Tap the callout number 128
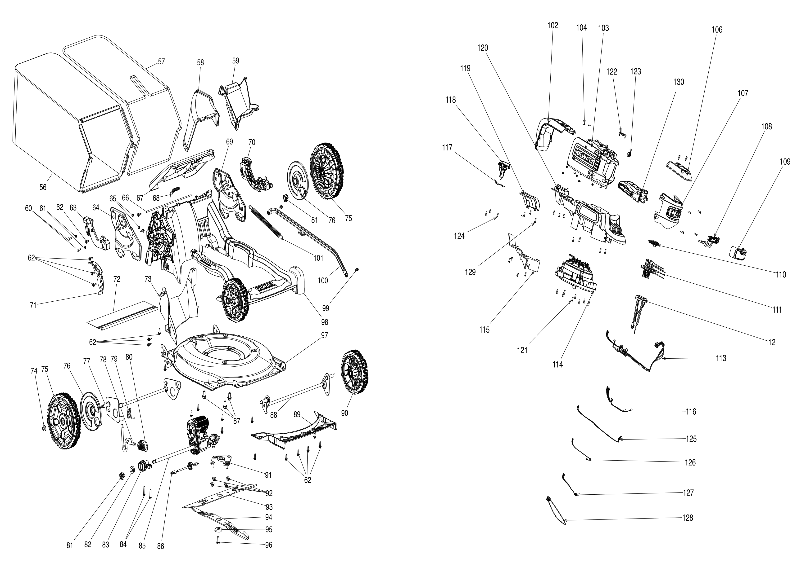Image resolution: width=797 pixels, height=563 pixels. tap(688, 518)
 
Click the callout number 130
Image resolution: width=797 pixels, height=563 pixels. tap(679, 82)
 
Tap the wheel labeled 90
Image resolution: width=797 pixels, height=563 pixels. tap(354, 373)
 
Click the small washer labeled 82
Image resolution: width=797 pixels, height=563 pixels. tap(132, 469)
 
